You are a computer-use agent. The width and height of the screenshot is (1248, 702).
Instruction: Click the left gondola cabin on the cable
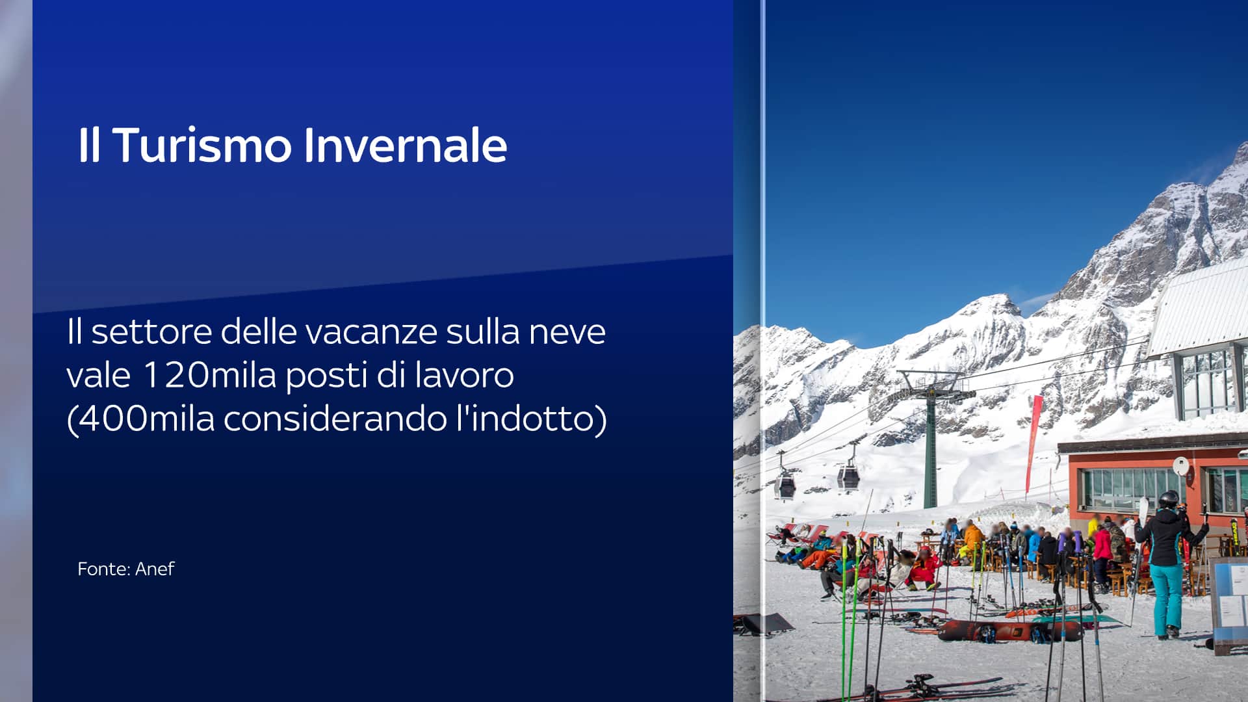[785, 485]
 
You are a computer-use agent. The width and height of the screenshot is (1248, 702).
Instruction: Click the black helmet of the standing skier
[1168, 499]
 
